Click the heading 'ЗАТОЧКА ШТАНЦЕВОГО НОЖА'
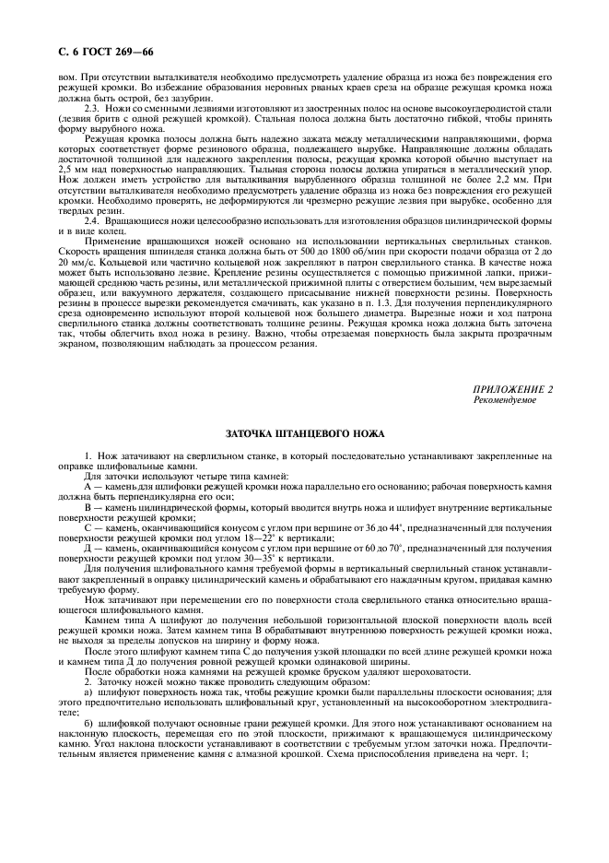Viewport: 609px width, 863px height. click(x=305, y=432)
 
